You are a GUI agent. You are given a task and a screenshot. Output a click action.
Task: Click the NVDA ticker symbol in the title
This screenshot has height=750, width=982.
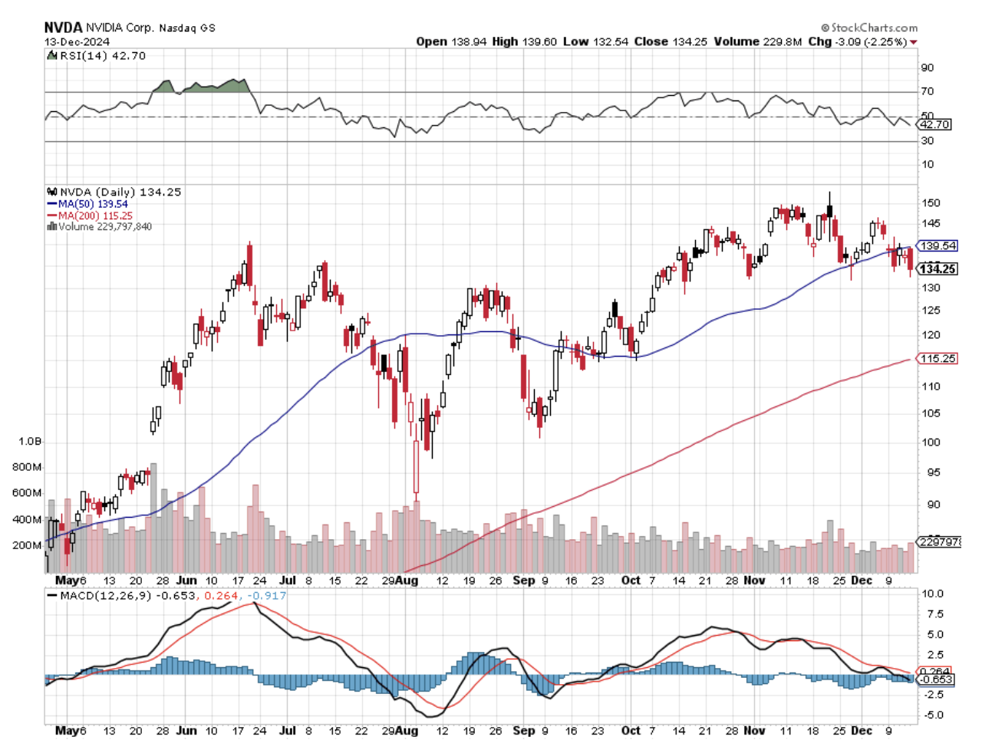pyautogui.click(x=62, y=27)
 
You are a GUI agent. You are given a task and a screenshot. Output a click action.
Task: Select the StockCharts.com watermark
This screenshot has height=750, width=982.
pyautogui.click(x=869, y=28)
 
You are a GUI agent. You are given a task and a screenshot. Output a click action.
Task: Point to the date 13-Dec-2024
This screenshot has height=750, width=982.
pyautogui.click(x=77, y=41)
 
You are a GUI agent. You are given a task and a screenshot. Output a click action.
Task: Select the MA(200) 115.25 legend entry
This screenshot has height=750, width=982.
pyautogui.click(x=95, y=215)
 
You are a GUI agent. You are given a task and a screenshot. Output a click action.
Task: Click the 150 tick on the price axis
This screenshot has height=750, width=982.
pyautogui.click(x=931, y=203)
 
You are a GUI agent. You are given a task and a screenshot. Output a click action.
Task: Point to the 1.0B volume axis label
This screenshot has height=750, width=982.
pyautogui.click(x=31, y=442)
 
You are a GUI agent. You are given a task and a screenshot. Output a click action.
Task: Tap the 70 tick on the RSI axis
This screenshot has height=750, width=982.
pyautogui.click(x=928, y=91)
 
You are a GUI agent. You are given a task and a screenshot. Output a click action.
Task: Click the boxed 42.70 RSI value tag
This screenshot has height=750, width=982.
pyautogui.click(x=935, y=124)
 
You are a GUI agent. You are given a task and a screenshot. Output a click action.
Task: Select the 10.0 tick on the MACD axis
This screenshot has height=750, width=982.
pyautogui.click(x=932, y=594)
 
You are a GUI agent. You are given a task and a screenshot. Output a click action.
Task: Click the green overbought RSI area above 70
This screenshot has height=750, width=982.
pyautogui.click(x=207, y=85)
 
